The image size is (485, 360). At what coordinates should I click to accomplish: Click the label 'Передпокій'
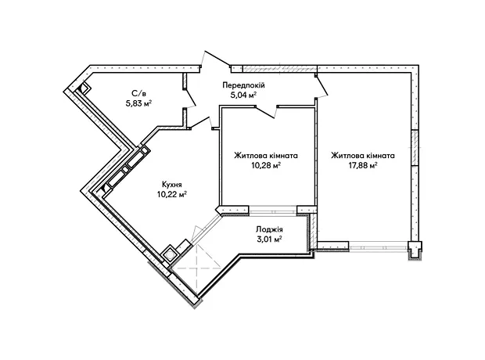point(244,85)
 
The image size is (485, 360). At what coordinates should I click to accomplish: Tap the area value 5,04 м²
point(244,95)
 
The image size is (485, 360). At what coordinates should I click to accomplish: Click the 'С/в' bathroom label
point(138,93)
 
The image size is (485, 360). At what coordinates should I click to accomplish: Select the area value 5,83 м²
point(138,103)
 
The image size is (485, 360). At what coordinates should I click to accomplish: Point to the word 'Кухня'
point(172,185)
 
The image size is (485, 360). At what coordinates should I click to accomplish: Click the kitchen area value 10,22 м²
point(172,194)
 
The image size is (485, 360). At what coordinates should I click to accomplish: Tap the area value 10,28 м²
point(266,165)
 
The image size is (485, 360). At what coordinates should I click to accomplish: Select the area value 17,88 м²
point(363,165)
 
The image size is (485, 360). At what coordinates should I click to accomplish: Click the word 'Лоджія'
point(269,229)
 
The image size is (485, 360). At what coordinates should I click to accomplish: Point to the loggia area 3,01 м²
point(269,239)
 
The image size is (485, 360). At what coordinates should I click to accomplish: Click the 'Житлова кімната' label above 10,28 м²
point(266,156)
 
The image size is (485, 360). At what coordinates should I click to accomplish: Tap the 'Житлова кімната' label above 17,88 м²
point(363,156)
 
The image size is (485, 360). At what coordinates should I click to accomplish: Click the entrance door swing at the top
point(215,59)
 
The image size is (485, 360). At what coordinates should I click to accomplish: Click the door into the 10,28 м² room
point(266,111)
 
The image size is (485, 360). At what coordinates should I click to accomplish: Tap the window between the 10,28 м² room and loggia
point(273,211)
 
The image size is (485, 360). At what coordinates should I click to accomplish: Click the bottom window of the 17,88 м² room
point(378,246)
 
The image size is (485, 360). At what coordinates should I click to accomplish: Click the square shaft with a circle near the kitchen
point(170,255)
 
